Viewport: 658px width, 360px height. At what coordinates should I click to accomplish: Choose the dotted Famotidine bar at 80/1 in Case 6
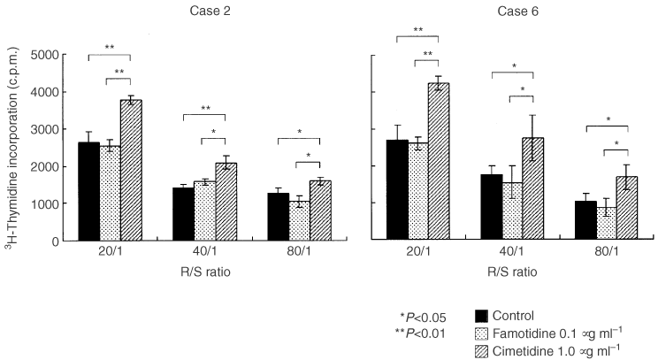(606, 224)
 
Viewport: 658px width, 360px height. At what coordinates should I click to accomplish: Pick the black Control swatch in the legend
(482, 315)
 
